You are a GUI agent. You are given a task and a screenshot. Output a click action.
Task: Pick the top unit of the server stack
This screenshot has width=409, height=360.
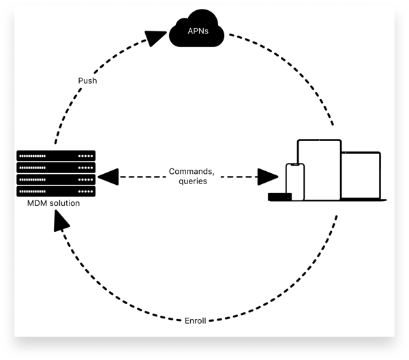pos(56,155)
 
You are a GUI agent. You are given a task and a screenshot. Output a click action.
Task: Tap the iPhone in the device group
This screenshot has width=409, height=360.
pos(294,182)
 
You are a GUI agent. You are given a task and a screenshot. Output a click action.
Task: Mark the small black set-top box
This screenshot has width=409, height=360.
pos(279,197)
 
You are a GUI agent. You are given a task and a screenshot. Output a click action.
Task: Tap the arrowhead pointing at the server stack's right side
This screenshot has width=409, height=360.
pos(108,177)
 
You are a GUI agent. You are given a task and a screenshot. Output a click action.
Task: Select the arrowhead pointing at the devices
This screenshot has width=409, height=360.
pos(268,177)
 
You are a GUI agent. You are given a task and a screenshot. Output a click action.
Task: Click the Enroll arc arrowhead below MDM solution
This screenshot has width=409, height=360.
pos(63,220)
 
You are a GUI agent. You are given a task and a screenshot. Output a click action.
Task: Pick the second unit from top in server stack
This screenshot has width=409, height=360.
pos(56,168)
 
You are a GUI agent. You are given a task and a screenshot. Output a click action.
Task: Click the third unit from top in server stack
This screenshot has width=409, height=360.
pos(56,179)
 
